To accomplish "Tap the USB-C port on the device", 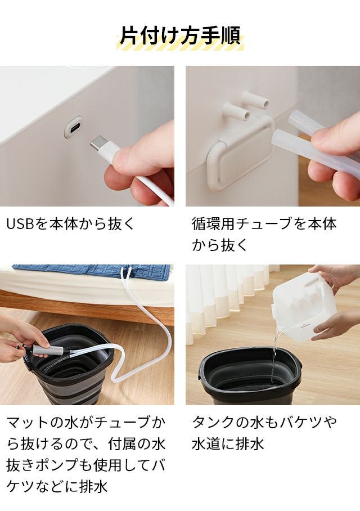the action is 73,127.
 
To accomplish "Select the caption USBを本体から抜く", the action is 70,224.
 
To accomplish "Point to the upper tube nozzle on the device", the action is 258,100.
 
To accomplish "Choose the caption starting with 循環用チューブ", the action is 264,234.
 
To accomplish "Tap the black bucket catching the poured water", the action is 249,375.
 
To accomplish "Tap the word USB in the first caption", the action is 20,224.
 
